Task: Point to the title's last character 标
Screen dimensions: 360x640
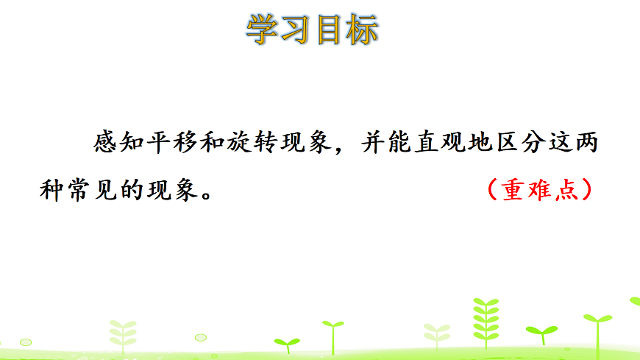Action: (362, 30)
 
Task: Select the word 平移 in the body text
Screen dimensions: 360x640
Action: (175, 142)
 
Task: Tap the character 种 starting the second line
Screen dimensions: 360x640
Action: (51, 190)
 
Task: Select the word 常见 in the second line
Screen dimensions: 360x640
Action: (91, 190)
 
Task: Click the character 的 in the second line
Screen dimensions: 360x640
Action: (131, 190)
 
